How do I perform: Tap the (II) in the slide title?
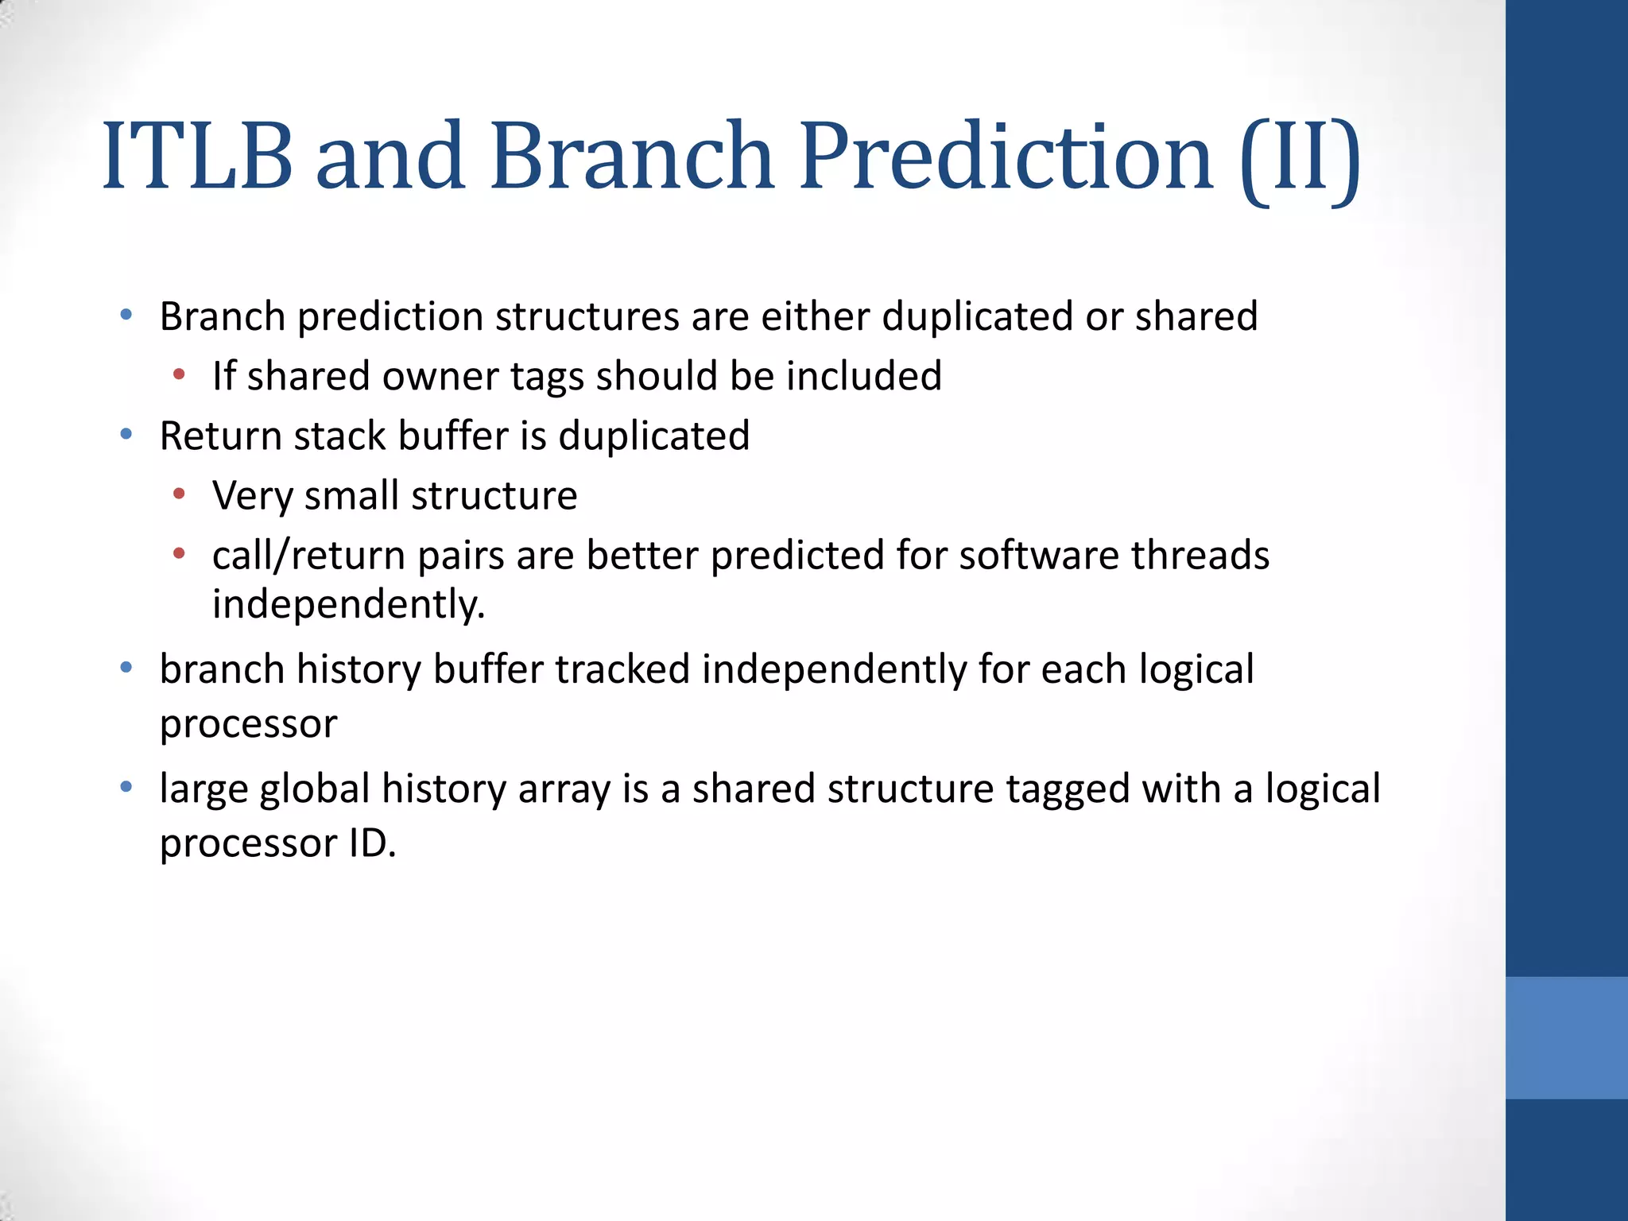point(1300,158)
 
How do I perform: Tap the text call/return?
point(309,556)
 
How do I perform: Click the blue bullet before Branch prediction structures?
point(126,316)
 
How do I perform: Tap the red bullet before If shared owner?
point(179,374)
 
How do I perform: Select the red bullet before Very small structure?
point(179,494)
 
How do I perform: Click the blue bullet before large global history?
point(126,788)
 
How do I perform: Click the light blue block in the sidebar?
point(1566,1037)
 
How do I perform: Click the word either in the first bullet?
point(815,316)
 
